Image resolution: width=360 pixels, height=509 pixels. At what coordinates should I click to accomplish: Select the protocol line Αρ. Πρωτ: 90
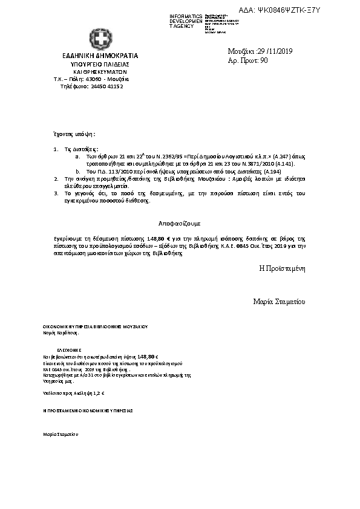tap(248, 61)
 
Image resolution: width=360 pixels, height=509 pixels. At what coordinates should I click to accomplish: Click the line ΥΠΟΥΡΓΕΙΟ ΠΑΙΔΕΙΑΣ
tap(99, 63)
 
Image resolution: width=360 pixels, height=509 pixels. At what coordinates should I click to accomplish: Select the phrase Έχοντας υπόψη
tap(74, 132)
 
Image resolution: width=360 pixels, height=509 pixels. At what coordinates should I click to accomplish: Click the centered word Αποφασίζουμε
tap(180, 222)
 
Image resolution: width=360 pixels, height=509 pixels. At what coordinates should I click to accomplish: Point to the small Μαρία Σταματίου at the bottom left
tap(61, 434)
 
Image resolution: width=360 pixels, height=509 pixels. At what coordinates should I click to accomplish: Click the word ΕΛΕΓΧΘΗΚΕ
tap(70, 350)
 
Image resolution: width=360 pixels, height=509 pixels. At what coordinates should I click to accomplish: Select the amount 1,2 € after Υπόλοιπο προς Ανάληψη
tap(99, 393)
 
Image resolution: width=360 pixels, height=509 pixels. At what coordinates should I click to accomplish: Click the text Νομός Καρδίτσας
tap(61, 332)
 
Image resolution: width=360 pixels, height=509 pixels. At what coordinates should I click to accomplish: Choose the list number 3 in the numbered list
tap(55, 194)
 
